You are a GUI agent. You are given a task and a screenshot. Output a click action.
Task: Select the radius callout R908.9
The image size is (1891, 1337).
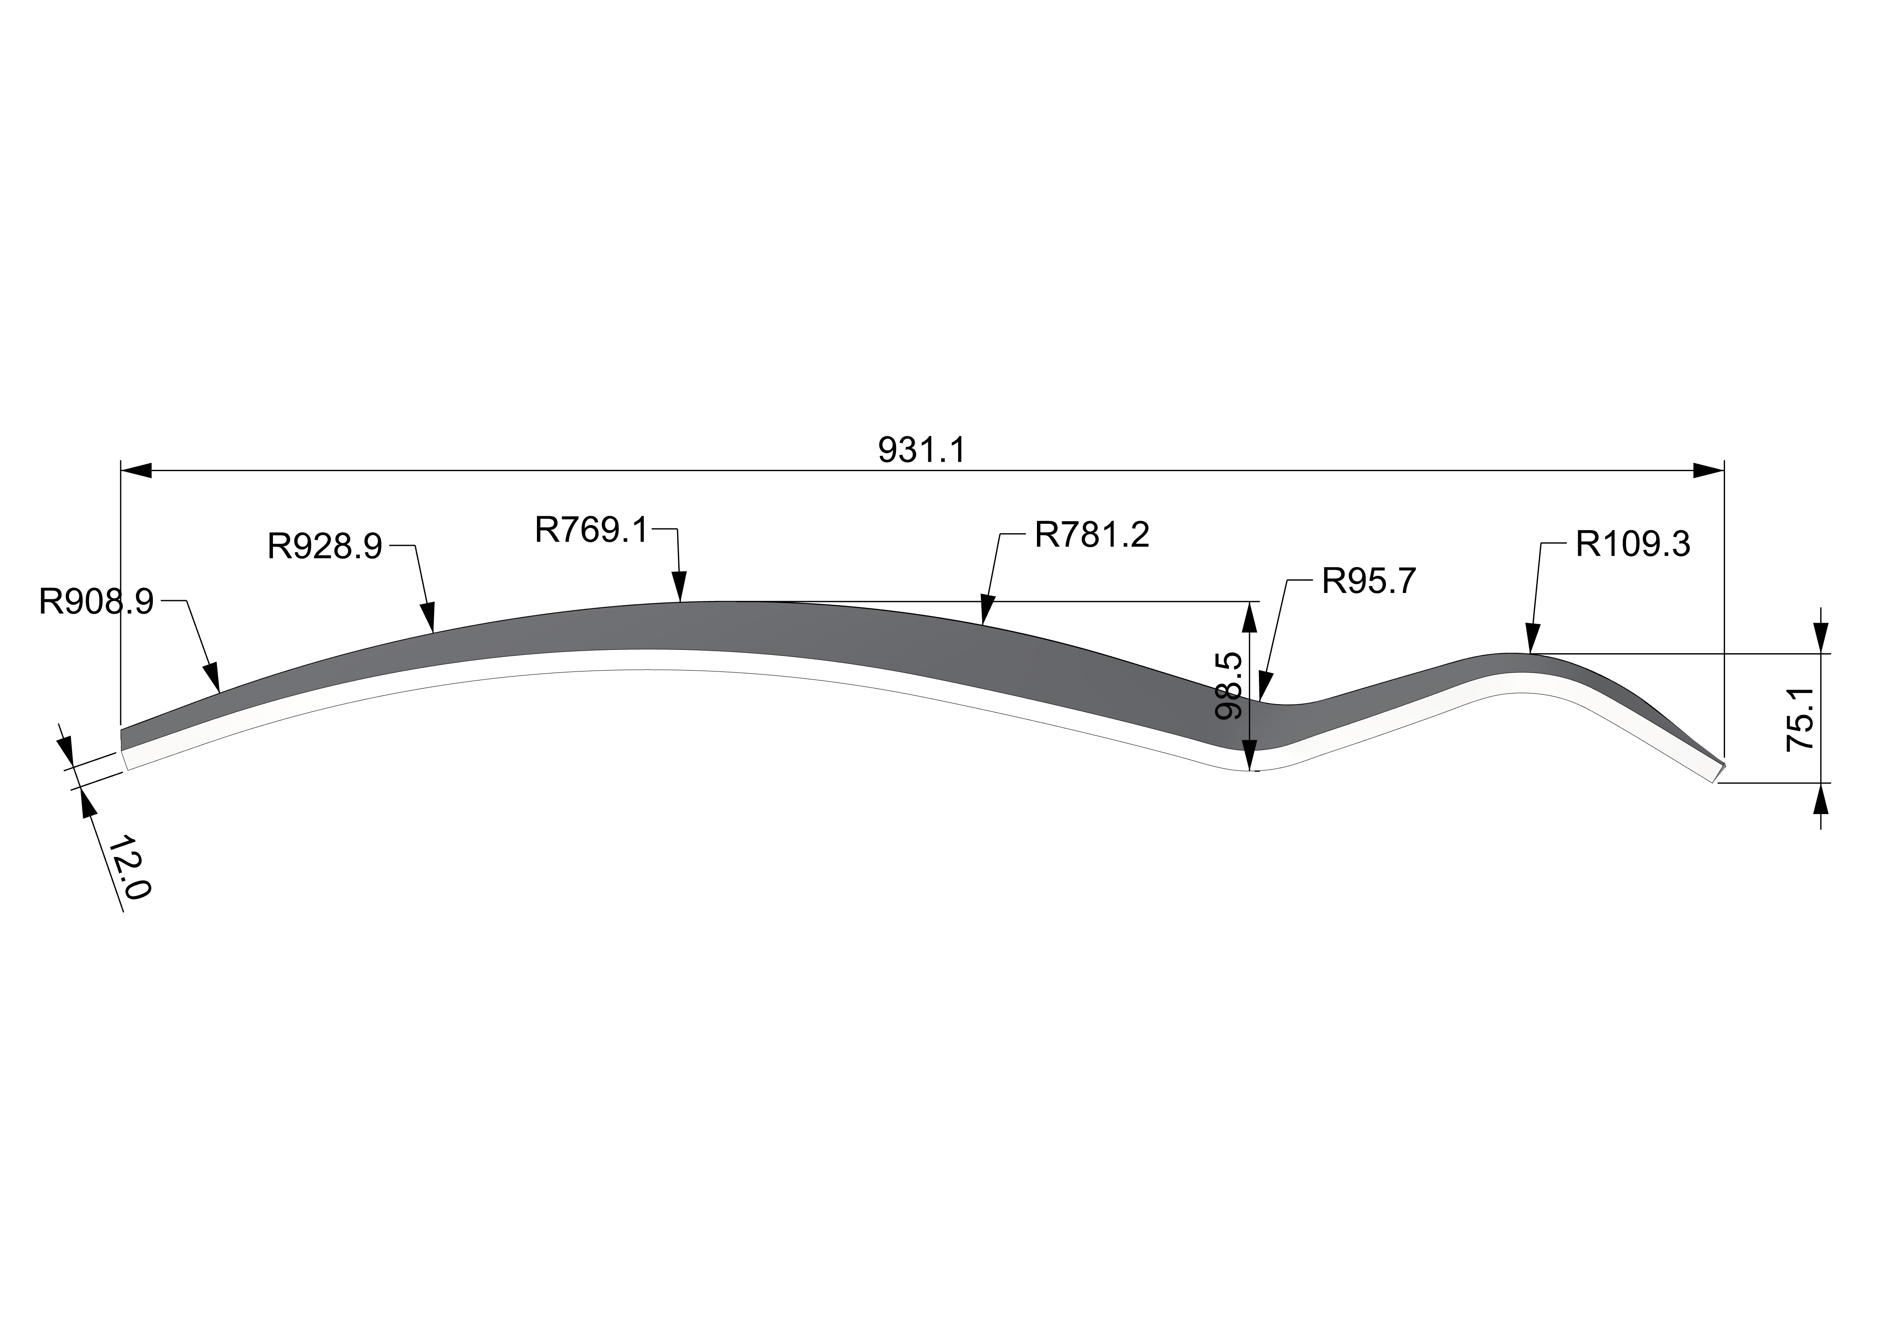click(96, 602)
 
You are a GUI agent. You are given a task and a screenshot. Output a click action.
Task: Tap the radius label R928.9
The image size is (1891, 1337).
click(325, 546)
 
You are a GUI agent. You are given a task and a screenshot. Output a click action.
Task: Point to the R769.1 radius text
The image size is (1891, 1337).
click(592, 530)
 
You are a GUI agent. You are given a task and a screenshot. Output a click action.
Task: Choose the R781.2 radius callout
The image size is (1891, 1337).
click(1092, 535)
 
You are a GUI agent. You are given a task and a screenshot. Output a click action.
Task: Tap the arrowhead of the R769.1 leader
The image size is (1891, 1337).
click(680, 587)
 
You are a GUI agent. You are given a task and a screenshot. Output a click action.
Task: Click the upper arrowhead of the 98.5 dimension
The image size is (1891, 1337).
click(1251, 617)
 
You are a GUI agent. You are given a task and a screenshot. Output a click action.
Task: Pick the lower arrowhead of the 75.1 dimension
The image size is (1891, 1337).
click(1822, 798)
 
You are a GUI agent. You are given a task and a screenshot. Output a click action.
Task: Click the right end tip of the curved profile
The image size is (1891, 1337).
click(1723, 764)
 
